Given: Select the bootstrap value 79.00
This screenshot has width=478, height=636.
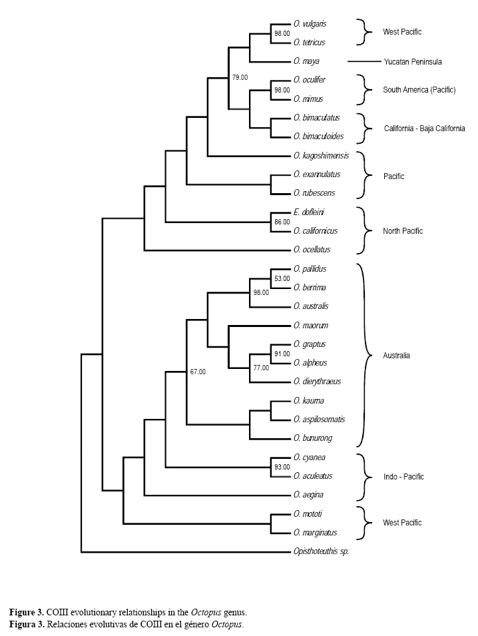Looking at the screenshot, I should [x=240, y=78].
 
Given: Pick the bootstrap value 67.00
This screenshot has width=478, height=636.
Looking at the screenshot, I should [x=198, y=372].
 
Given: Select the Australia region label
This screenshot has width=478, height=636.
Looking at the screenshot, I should [x=397, y=356].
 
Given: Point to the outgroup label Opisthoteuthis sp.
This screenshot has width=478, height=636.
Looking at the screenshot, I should [x=321, y=552].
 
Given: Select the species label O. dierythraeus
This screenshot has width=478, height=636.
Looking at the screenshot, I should [x=317, y=382].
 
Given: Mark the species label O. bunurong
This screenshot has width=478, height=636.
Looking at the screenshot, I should [x=313, y=439].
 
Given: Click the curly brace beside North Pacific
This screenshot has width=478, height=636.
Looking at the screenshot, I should [x=363, y=230].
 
